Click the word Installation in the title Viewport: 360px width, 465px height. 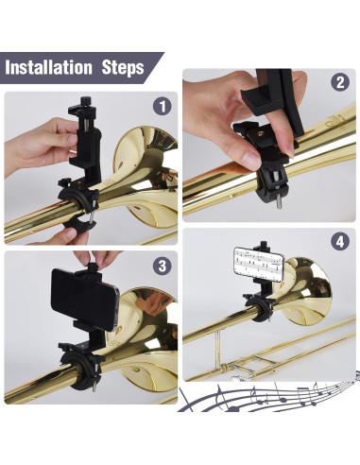pos(52,68)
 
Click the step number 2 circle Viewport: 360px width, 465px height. pos(338,82)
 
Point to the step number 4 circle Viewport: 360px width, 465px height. pos(338,242)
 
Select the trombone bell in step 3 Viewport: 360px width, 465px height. pos(146,321)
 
